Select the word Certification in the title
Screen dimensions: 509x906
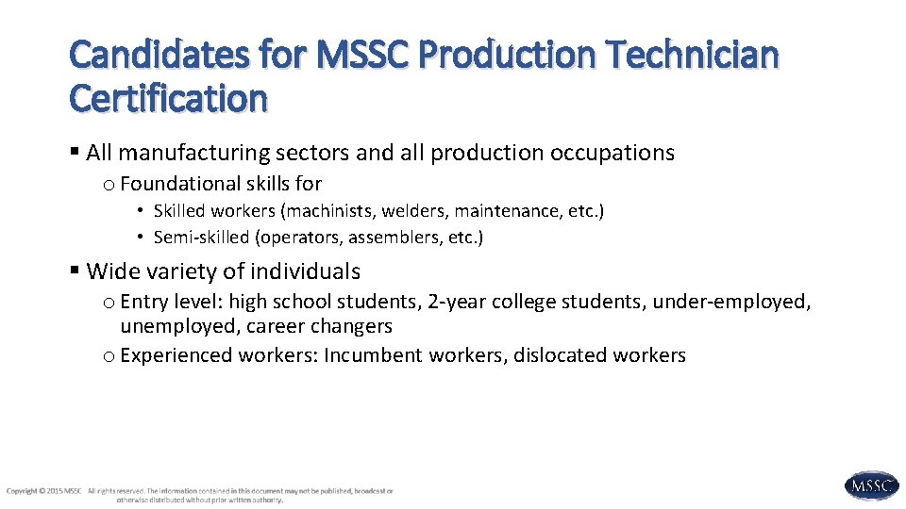point(168,98)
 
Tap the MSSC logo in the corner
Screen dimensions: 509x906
point(871,486)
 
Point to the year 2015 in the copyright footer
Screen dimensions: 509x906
point(56,491)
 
